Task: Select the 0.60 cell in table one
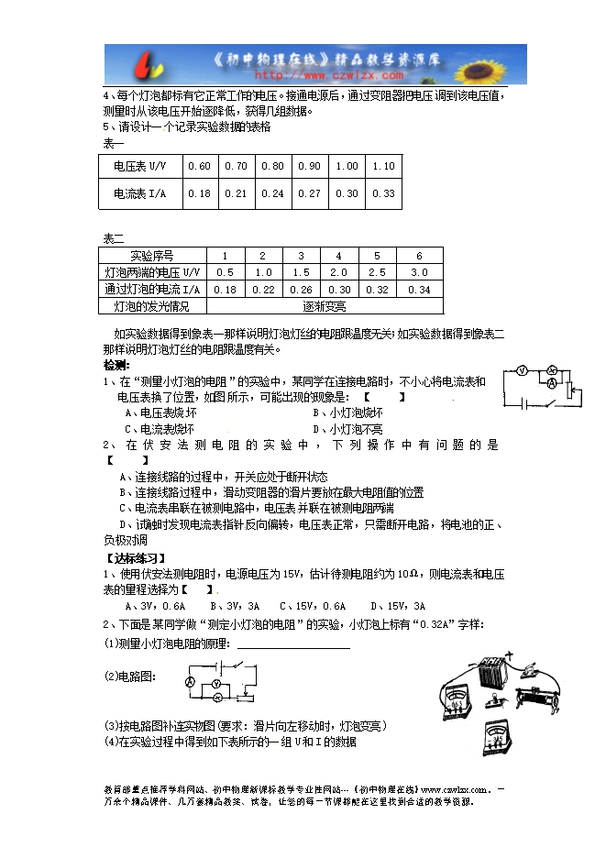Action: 199,166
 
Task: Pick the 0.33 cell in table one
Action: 383,193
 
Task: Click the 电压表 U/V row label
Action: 140,166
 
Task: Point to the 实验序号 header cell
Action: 152,256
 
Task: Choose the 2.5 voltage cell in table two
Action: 377,272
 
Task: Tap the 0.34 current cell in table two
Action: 419,289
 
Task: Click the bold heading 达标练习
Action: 132,557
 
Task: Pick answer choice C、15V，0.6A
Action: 313,606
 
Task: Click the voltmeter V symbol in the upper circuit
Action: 521,371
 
